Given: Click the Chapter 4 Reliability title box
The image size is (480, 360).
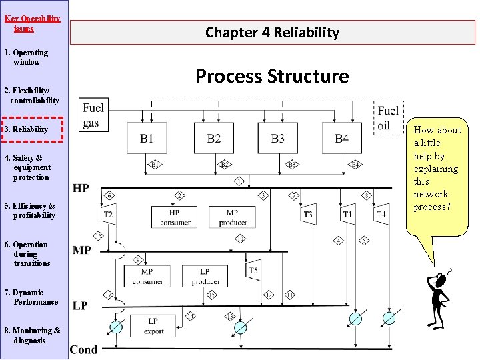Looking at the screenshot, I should point(272,32).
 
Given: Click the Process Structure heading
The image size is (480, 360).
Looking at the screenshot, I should point(272,76).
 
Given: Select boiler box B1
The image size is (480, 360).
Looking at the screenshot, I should point(147,138).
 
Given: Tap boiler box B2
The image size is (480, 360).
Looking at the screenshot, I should point(214,138).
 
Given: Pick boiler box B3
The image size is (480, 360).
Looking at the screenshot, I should point(277,138).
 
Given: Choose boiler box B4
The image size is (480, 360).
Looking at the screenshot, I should point(341,138).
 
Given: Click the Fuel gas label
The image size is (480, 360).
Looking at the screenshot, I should point(93,115).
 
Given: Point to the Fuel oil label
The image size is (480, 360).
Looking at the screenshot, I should point(388,118).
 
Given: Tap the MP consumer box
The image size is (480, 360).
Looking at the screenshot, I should point(147,276).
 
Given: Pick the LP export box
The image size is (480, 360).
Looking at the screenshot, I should point(153,325).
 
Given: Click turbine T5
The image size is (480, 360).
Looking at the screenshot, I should point(253,271).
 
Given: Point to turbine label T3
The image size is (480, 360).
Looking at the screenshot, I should point(308,214).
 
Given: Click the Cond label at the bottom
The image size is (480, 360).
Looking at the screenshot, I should point(83,349).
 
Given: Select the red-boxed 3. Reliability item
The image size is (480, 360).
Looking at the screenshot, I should point(33,129).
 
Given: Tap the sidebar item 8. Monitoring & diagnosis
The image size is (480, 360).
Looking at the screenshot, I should point(33,335).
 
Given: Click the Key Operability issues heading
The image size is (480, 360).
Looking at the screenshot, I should point(32,23).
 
